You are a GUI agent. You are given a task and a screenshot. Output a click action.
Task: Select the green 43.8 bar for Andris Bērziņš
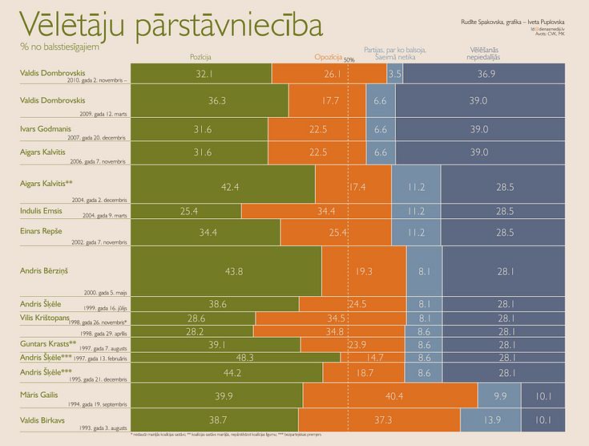pyautogui.click(x=234, y=272)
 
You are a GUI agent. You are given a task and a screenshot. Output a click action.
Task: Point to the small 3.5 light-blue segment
pyautogui.click(x=395, y=74)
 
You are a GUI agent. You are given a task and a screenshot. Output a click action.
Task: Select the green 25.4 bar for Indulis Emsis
pyautogui.click(x=189, y=211)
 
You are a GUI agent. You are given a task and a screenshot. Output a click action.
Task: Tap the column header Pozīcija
pyautogui.click(x=200, y=58)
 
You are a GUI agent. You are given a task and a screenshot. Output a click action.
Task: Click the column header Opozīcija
pyautogui.click(x=328, y=58)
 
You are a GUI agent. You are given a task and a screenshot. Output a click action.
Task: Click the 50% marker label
pyautogui.click(x=349, y=60)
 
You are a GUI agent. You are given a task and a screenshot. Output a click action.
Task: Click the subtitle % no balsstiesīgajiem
pyautogui.click(x=54, y=47)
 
